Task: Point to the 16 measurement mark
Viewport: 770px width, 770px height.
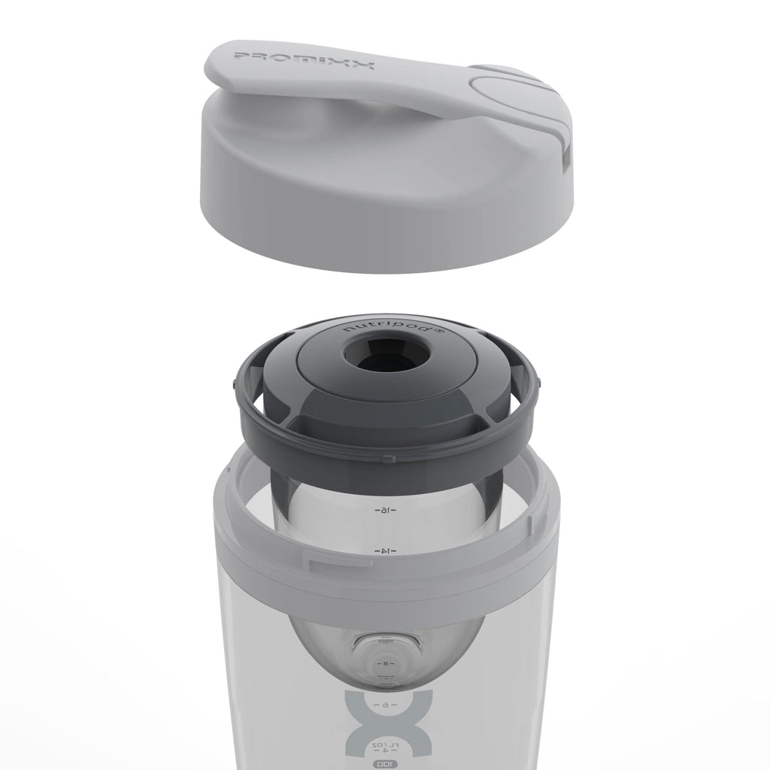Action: [384, 511]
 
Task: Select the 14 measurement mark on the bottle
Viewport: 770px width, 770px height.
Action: [384, 551]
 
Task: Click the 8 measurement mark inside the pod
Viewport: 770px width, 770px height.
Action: [384, 665]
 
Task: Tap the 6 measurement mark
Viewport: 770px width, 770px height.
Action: [384, 705]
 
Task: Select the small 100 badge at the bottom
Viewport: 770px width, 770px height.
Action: [384, 764]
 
